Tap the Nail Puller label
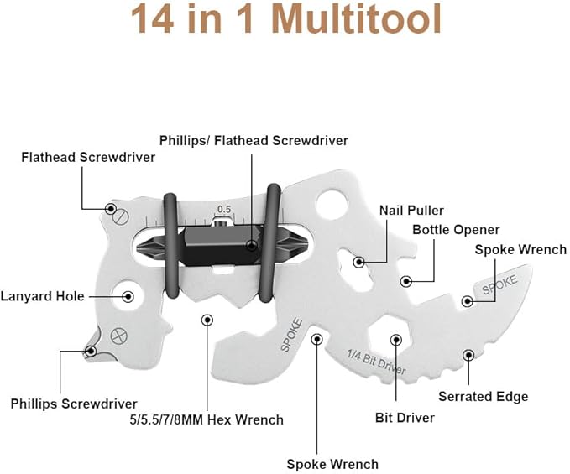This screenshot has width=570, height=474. click(411, 211)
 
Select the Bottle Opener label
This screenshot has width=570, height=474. click(456, 229)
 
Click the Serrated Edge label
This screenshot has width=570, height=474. click(483, 396)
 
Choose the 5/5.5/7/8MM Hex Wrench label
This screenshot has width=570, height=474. click(206, 419)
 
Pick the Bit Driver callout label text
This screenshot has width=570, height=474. click(404, 417)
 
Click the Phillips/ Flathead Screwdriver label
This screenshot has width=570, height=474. click(254, 141)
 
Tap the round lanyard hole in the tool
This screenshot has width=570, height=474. click(128, 296)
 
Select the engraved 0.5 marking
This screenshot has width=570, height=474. click(224, 209)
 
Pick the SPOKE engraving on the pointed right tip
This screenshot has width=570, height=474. click(500, 283)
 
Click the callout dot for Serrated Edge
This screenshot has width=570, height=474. click(468, 355)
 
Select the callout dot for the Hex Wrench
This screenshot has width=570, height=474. click(207, 320)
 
